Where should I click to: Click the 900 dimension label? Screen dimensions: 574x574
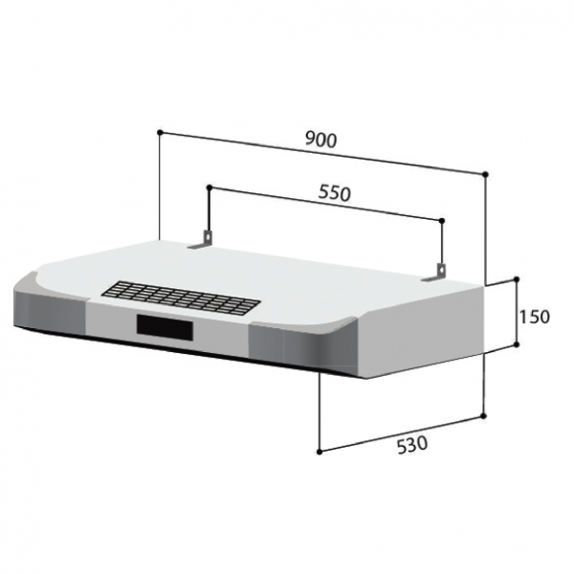[321, 139]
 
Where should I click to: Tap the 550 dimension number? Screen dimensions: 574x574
[334, 191]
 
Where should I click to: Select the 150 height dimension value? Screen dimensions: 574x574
[535, 317]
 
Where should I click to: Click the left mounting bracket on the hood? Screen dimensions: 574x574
[201, 245]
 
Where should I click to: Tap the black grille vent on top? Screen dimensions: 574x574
[183, 298]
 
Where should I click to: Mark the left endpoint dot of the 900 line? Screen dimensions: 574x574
[160, 131]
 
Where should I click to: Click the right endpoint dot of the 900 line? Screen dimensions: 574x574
[487, 174]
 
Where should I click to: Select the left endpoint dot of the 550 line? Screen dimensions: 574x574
[208, 188]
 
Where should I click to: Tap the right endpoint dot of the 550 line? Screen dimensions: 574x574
[443, 221]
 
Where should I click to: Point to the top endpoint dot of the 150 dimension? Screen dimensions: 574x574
[518, 280]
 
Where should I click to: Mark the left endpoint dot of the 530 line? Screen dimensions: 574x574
[319, 449]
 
